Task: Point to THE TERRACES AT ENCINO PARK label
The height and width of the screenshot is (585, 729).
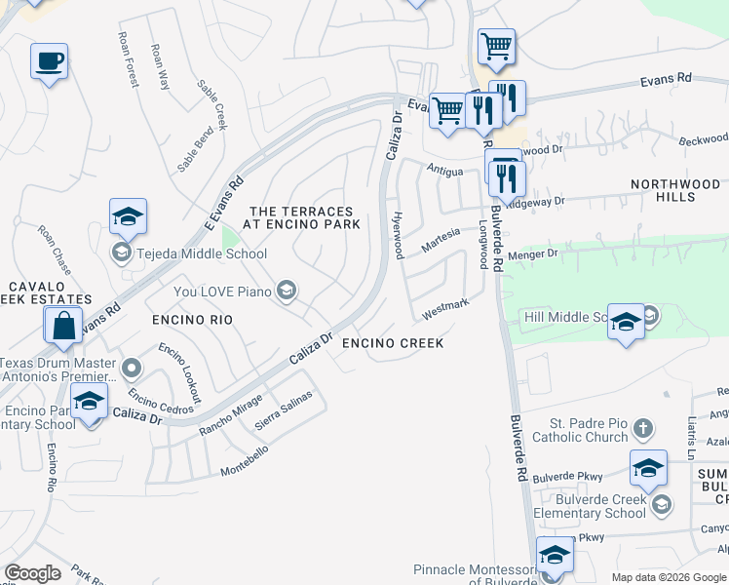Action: coord(305,217)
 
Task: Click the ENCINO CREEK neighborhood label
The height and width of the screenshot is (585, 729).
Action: coord(393,343)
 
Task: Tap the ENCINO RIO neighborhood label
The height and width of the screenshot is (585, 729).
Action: coord(190,320)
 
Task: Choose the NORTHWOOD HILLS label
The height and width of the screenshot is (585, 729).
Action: coord(675,190)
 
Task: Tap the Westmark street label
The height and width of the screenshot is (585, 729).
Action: coord(445,308)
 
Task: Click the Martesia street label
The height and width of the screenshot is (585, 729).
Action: coord(441,240)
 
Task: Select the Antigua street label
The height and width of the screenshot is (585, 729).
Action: coord(444,168)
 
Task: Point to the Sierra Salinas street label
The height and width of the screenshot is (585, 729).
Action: coord(284,412)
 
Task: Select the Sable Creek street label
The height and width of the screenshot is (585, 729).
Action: coord(212,104)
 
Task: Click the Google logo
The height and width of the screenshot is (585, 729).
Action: coord(32,573)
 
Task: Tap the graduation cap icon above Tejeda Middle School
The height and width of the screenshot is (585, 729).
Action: coord(127,218)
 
